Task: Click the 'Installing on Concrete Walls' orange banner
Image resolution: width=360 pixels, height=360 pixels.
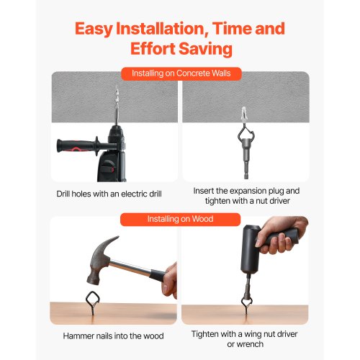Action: point(181,73)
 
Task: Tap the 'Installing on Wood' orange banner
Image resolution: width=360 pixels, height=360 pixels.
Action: point(180,220)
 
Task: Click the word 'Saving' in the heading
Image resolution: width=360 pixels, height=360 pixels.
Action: point(205,49)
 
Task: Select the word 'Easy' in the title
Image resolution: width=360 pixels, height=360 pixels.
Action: point(94,29)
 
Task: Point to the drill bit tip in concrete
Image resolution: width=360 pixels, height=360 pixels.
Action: point(117,88)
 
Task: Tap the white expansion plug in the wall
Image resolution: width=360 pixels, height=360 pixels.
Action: point(244,114)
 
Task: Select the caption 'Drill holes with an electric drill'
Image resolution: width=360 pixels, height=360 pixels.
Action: point(109,194)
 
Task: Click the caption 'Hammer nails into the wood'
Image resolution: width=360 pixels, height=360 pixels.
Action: point(113,336)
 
